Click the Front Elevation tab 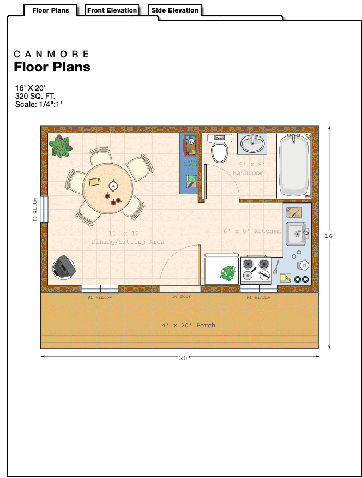112,10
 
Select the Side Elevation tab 175,10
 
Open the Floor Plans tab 51,10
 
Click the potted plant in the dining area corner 61,146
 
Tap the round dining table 108,188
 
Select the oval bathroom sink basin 252,144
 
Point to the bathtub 294,166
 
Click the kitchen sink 296,234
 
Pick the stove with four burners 256,269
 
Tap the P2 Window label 35,209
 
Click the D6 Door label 182,296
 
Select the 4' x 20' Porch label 189,325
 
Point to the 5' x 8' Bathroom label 249,169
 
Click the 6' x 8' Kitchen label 252,231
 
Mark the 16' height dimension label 330,236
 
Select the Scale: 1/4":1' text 39,104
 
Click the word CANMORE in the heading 51,54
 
